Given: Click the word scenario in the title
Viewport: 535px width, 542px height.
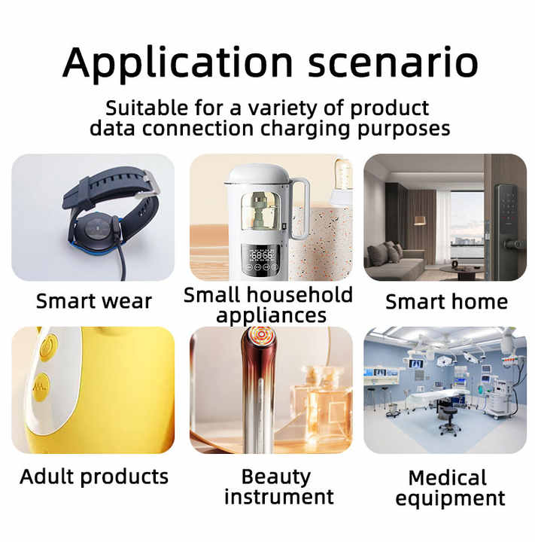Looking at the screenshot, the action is [x=393, y=62].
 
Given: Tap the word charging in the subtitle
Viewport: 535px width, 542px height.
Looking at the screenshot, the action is [x=305, y=129].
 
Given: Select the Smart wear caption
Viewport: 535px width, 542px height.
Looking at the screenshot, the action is [x=93, y=301].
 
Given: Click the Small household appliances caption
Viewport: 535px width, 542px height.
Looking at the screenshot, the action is [x=268, y=305].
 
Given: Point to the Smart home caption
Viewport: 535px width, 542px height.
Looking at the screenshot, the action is [x=446, y=301].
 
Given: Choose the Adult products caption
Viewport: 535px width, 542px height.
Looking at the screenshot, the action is [x=94, y=477].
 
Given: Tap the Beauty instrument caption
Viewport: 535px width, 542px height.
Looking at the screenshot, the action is [x=278, y=487].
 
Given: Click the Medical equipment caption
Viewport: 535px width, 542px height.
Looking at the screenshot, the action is [x=450, y=488].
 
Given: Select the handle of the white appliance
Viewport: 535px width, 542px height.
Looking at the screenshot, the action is [x=299, y=209].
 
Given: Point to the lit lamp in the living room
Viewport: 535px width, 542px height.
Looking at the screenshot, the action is [x=419, y=220].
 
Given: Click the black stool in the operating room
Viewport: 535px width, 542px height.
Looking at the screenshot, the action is [x=449, y=421].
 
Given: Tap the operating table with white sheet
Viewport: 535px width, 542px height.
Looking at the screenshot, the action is [x=436, y=397].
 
